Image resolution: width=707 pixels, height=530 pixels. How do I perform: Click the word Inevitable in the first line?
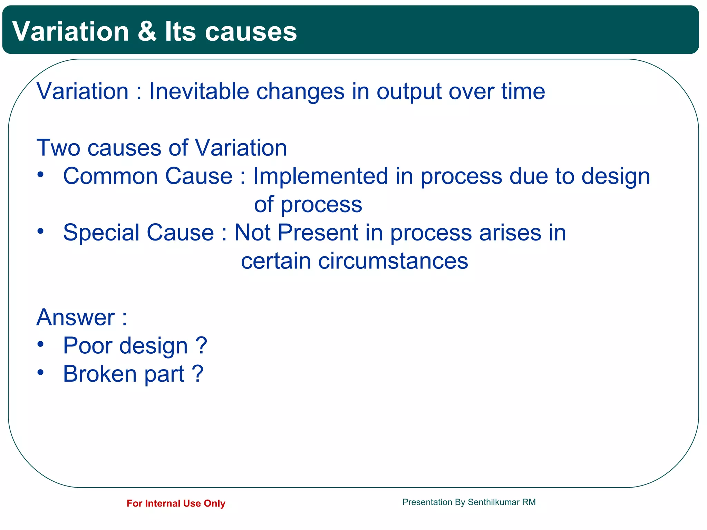point(199,91)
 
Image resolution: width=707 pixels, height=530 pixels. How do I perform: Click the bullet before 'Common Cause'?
point(41,175)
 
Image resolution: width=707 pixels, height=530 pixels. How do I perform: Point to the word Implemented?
point(320,176)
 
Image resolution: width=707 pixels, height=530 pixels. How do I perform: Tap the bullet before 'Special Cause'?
point(41,231)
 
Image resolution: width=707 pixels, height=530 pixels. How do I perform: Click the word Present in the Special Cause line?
point(318,233)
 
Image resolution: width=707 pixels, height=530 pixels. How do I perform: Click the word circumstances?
point(393,261)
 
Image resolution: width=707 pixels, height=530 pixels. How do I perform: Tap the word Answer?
point(76,317)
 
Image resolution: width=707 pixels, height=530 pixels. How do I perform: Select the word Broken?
point(100,374)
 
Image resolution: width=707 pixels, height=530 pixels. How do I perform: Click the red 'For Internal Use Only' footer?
point(176,503)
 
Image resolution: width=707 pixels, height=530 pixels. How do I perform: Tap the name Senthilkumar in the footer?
point(494,502)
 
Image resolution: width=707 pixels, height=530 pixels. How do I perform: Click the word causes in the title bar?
point(251,31)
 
